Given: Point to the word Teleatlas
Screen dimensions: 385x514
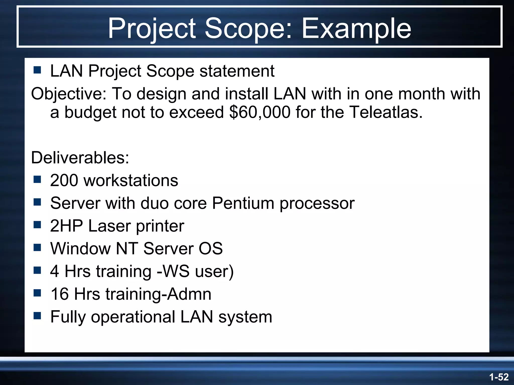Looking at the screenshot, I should [386, 112].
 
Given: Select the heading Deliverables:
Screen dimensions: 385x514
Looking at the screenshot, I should [80, 158].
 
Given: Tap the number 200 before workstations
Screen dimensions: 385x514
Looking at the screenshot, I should [64, 180].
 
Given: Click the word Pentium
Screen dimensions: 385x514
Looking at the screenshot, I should [243, 203].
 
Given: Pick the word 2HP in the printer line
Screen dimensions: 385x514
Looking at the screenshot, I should [66, 226].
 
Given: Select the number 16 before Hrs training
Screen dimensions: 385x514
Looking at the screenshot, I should [59, 294].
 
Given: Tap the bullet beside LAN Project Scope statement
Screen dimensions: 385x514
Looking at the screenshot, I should [37, 70].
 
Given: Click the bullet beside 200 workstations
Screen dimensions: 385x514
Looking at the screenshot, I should [37, 179].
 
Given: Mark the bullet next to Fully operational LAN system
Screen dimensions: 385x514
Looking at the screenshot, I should [37, 316].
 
